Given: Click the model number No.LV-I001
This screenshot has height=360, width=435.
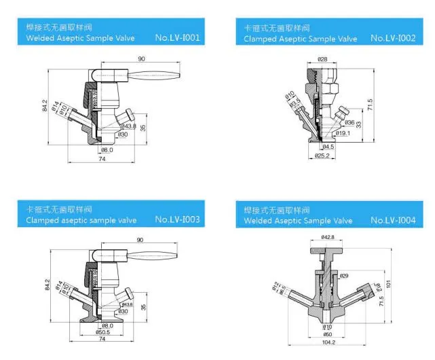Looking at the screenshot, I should point(177,38).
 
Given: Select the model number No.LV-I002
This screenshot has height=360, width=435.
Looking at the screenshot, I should point(393,38).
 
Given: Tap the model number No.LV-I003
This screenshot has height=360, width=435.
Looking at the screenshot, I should point(177,219).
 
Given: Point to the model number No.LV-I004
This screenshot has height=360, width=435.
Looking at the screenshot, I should point(393,220).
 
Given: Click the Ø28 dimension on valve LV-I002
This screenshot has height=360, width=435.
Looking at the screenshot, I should point(322,60).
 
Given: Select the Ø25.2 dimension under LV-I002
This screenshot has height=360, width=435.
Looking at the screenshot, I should point(322,156).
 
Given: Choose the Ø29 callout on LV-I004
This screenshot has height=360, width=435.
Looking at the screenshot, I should point(344,276).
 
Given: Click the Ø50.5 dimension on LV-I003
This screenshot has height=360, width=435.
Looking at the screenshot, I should point(107,332).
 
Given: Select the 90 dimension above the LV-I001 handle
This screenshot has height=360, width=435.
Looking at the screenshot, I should point(141,60).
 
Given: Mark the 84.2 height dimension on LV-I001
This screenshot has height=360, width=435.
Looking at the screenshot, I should point(45,107).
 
